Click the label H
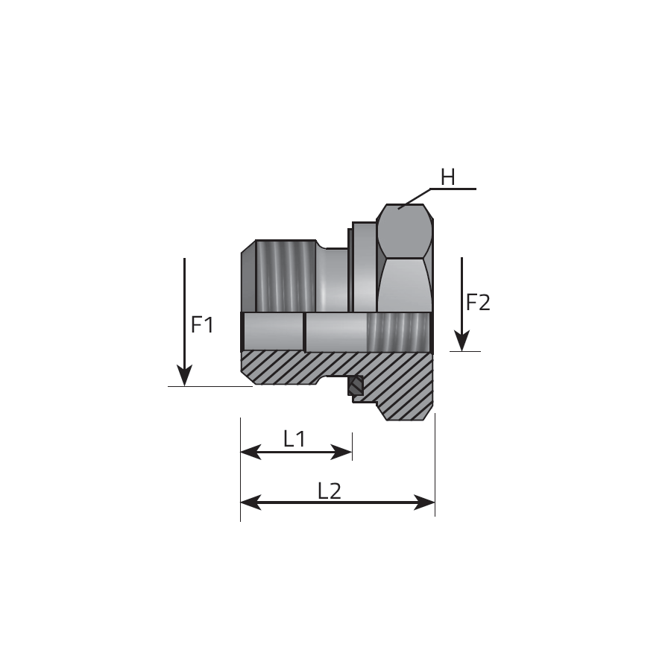[x=447, y=177]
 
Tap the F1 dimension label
[x=202, y=325]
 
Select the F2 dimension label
[x=478, y=303]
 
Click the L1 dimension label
[x=294, y=438]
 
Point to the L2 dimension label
[x=329, y=491]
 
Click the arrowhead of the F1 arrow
[x=184, y=375]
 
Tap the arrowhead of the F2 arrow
[x=461, y=341]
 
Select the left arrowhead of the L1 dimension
[x=251, y=452]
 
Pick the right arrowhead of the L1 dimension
[x=341, y=452]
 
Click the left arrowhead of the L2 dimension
[x=251, y=503]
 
